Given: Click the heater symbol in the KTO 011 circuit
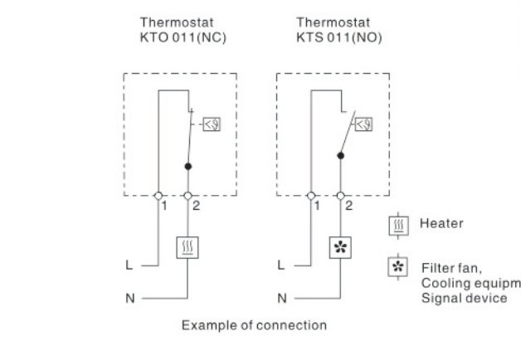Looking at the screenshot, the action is (x=187, y=247).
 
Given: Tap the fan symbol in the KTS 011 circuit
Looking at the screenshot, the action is (x=340, y=247).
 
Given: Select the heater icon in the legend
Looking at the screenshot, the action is (x=398, y=226).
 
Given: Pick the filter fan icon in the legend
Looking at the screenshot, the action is (x=397, y=266).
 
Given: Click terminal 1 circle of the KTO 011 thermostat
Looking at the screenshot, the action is (x=158, y=196).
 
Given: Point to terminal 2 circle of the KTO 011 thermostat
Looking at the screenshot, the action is (x=188, y=196).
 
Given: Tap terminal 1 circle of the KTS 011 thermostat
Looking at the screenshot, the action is (x=311, y=196).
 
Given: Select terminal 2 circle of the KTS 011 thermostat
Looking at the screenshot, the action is (x=341, y=196).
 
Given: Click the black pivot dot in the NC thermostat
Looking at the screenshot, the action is (x=188, y=167).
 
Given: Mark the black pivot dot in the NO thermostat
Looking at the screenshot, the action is (x=341, y=155).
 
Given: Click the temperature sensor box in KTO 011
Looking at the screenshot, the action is (x=212, y=124).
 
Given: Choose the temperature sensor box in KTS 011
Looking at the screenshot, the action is (x=364, y=124).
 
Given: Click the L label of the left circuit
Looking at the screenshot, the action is (x=129, y=265).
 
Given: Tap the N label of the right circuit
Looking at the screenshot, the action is (x=282, y=298).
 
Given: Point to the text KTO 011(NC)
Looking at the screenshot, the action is (x=183, y=37).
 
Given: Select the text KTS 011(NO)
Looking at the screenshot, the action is (x=339, y=37).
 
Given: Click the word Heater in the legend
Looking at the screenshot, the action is (x=441, y=223).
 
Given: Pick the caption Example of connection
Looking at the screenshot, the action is (x=254, y=325).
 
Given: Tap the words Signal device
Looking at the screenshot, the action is (x=465, y=298).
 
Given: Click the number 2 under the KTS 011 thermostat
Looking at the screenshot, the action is (x=348, y=206).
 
